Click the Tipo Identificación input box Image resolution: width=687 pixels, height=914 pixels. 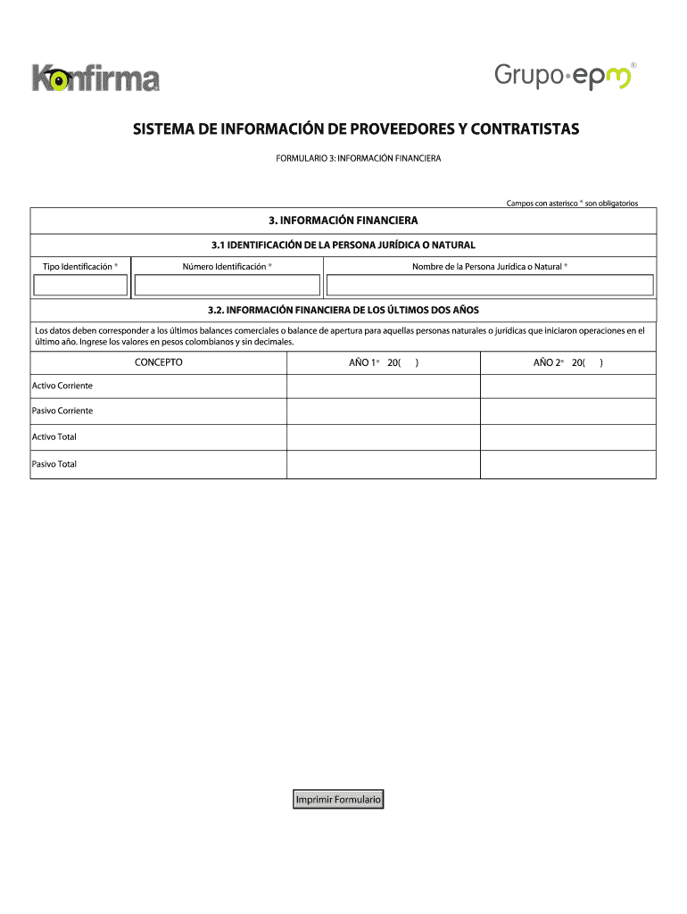80,285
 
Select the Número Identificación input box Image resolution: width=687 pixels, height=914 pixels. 227,285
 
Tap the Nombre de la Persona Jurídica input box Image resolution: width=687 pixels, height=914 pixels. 490,285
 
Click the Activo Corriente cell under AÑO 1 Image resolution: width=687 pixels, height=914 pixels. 384,386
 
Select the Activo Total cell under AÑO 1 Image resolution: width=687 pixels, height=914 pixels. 384,437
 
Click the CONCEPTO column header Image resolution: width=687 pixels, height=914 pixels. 159,362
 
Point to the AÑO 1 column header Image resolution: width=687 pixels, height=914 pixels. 384,362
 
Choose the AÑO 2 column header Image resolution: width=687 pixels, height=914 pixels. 567,362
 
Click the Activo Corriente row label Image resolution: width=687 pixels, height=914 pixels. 62,386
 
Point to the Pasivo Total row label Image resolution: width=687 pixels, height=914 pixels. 54,464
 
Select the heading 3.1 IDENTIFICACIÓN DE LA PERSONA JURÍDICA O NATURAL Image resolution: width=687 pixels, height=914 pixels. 343,245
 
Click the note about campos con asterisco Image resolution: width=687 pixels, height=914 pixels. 572,204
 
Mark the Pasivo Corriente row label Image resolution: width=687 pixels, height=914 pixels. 62,411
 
